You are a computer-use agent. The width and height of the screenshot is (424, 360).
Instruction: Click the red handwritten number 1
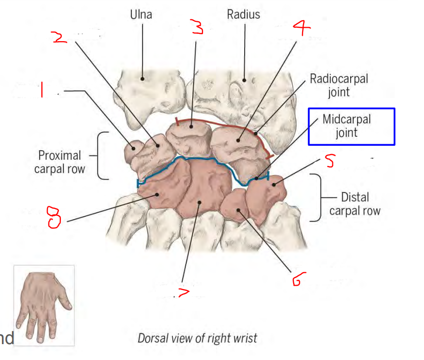click(x=43, y=90)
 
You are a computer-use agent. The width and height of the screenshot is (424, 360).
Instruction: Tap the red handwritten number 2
click(x=60, y=38)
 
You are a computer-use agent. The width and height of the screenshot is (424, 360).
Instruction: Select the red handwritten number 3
click(x=197, y=27)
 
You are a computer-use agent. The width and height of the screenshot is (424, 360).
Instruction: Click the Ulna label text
click(x=141, y=14)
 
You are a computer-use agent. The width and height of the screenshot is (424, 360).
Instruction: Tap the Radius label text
click(x=243, y=14)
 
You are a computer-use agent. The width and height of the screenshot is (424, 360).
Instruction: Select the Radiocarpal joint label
click(x=339, y=85)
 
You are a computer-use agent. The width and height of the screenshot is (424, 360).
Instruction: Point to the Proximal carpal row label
click(x=59, y=162)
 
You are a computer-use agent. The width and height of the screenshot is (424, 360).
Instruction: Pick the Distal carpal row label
click(x=355, y=204)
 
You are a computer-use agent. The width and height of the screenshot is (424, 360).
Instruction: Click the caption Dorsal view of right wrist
click(x=197, y=339)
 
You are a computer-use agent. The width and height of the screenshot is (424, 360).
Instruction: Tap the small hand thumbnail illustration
click(x=44, y=304)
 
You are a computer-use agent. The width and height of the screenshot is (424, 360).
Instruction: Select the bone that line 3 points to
click(x=190, y=136)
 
